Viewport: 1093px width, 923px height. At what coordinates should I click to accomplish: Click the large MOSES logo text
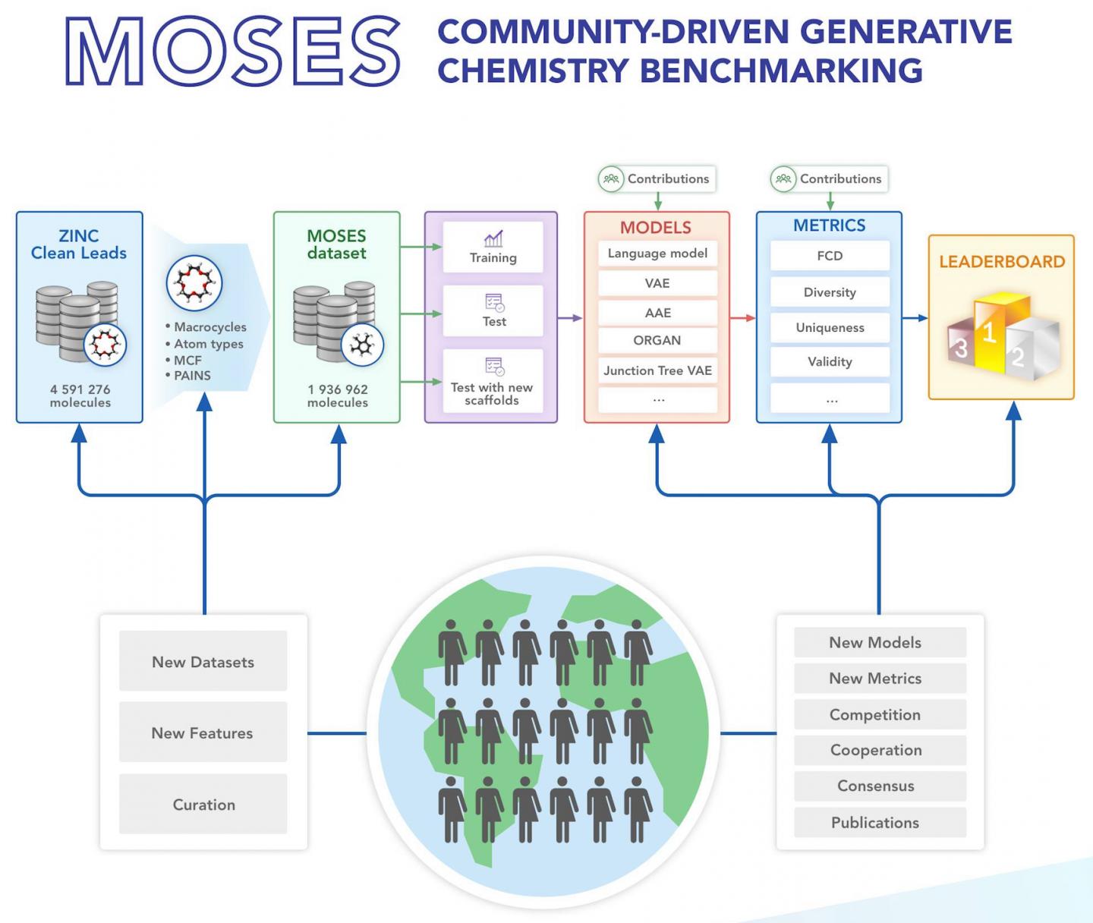coord(233,52)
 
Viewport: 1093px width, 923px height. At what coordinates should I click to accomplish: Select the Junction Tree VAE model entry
coord(657,370)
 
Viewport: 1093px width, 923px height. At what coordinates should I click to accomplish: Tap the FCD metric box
coord(830,256)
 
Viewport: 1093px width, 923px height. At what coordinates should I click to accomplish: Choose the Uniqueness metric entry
coord(830,328)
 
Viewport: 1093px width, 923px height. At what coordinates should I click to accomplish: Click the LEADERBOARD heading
coord(1002,262)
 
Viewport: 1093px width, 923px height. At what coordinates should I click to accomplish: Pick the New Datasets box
coord(203,662)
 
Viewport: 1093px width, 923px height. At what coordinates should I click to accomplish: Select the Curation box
coord(203,805)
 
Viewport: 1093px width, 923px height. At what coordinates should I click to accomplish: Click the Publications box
coord(875,823)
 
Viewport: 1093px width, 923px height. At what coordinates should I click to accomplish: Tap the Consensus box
coord(875,786)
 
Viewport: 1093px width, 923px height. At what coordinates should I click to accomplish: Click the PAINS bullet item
coord(191,376)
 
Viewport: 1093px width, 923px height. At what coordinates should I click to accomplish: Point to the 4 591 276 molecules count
coord(80,395)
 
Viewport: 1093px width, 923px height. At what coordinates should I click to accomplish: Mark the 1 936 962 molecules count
coord(337,395)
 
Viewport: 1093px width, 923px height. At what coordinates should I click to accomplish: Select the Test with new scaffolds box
coord(493,382)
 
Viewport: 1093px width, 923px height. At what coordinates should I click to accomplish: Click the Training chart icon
coord(493,239)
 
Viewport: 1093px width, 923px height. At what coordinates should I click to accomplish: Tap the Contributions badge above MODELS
coord(657,179)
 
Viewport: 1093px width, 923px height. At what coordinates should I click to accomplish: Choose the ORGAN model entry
coord(657,341)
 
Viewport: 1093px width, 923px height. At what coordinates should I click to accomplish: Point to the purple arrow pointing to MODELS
coord(570,318)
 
